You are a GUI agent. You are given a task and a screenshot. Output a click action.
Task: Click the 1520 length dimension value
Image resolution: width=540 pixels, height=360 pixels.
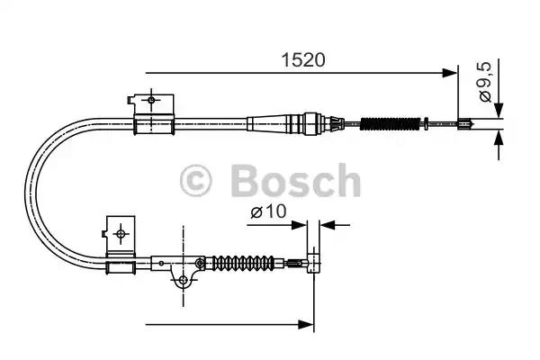pyautogui.click(x=301, y=61)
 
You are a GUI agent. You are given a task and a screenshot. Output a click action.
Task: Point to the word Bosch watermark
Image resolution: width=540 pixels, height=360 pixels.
pyautogui.click(x=295, y=182)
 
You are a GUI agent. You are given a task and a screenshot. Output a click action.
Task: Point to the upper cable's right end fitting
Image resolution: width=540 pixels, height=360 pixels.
pyautogui.click(x=465, y=125)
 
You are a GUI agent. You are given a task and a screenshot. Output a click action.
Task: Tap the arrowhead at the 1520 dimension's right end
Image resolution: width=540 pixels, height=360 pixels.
pyautogui.click(x=452, y=73)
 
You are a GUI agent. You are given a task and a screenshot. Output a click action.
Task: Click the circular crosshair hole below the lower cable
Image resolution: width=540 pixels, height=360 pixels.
pyautogui.click(x=183, y=281)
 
